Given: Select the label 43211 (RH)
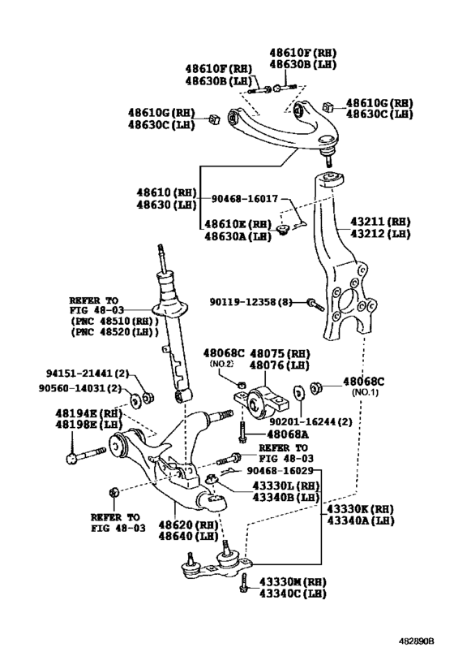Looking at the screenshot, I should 380,221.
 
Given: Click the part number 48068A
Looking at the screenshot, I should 276,434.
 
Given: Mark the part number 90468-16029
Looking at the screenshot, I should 281,469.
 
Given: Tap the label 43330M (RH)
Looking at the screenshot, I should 293,581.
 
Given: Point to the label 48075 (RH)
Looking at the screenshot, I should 281,354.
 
